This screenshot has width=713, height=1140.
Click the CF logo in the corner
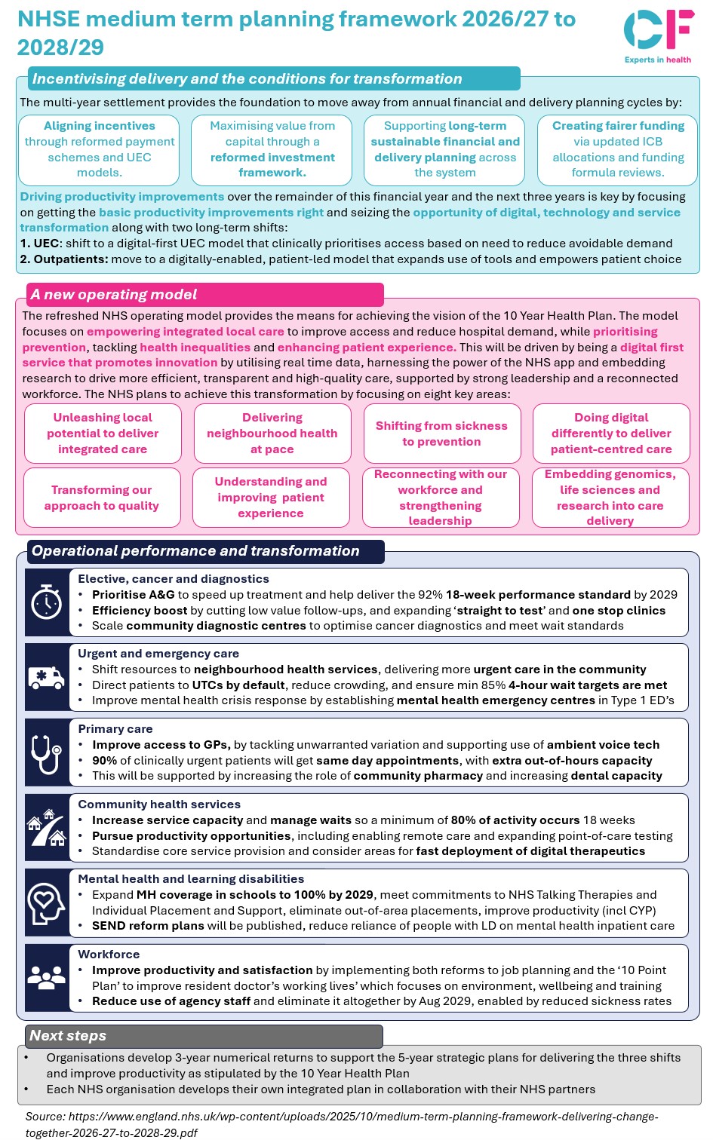pyautogui.click(x=658, y=30)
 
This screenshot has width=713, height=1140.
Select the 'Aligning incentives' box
pyautogui.click(x=99, y=149)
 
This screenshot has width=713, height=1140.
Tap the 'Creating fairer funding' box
pyautogui.click(x=617, y=149)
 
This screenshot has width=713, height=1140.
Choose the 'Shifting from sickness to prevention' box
pyautogui.click(x=441, y=434)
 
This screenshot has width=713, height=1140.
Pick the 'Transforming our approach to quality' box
pyautogui.click(x=102, y=498)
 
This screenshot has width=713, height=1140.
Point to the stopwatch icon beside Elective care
pyautogui.click(x=47, y=603)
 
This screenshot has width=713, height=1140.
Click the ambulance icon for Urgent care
pyautogui.click(x=47, y=677)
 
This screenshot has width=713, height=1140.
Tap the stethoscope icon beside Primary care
pyautogui.click(x=47, y=752)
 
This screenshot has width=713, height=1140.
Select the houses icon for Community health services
pyautogui.click(x=47, y=827)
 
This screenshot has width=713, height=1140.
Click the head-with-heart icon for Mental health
pyautogui.click(x=47, y=902)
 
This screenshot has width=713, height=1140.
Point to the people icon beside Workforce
pyautogui.click(x=47, y=978)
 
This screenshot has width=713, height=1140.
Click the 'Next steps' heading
pyautogui.click(x=68, y=1036)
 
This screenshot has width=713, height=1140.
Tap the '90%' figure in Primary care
pyautogui.click(x=104, y=761)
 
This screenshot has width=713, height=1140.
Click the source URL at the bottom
pyautogui.click(x=341, y=1124)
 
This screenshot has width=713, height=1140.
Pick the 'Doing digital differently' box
pyautogui.click(x=611, y=434)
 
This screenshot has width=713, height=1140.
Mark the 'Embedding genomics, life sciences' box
pyautogui.click(x=610, y=498)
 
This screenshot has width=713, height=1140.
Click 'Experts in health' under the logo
pyautogui.click(x=658, y=60)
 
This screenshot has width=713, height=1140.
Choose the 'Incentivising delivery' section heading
pyautogui.click(x=247, y=79)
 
